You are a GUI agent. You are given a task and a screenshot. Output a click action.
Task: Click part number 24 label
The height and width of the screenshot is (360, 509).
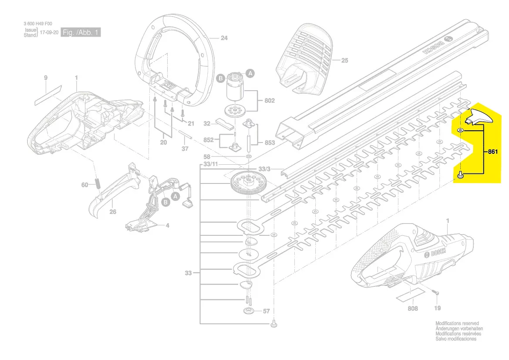click(224, 38)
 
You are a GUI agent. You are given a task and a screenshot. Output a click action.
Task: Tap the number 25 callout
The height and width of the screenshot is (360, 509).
click(344, 61)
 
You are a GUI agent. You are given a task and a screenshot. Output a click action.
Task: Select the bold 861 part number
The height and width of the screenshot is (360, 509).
click(492, 152)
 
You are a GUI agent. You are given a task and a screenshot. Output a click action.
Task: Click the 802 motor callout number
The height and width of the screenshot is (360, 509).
click(270, 101)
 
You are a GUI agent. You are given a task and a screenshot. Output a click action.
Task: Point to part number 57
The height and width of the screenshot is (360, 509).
click(266, 311)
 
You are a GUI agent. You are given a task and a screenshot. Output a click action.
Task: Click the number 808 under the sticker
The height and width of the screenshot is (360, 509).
click(412, 309)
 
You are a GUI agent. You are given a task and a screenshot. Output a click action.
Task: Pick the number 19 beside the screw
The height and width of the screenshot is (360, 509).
click(437, 308)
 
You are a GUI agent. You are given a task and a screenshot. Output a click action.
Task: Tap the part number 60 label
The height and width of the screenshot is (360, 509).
click(85, 185)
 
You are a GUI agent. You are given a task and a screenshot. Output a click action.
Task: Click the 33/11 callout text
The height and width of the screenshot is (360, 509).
click(210, 164)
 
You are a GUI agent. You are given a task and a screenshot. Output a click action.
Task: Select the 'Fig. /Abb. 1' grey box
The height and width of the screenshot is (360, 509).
click(81, 32)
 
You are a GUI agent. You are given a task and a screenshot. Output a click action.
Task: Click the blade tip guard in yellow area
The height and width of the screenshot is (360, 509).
click(478, 118)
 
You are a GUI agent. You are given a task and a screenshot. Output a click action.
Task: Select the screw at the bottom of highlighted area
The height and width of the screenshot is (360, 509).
click(461, 175)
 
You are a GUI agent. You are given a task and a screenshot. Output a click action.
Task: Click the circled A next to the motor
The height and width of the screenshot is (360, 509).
click(250, 73)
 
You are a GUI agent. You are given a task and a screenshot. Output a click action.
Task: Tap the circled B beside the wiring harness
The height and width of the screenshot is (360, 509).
click(165, 203)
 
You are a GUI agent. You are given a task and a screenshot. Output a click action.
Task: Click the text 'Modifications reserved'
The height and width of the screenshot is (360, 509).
click(457, 324)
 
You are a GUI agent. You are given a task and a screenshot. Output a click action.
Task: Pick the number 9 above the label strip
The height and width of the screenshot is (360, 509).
click(46, 78)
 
